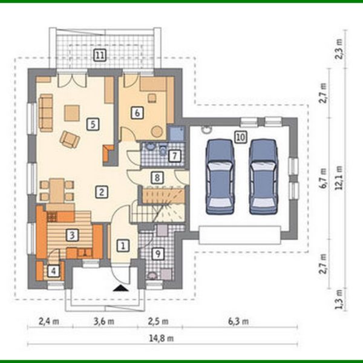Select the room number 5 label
(92, 124)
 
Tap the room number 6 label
(137, 113)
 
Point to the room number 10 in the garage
(240, 137)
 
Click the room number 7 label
(174, 156)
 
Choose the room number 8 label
(157, 178)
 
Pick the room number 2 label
(102, 192)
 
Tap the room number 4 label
(54, 271)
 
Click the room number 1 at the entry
(123, 246)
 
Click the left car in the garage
(219, 176)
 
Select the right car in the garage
(263, 176)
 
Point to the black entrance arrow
(123, 288)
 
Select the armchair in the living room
(70, 140)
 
